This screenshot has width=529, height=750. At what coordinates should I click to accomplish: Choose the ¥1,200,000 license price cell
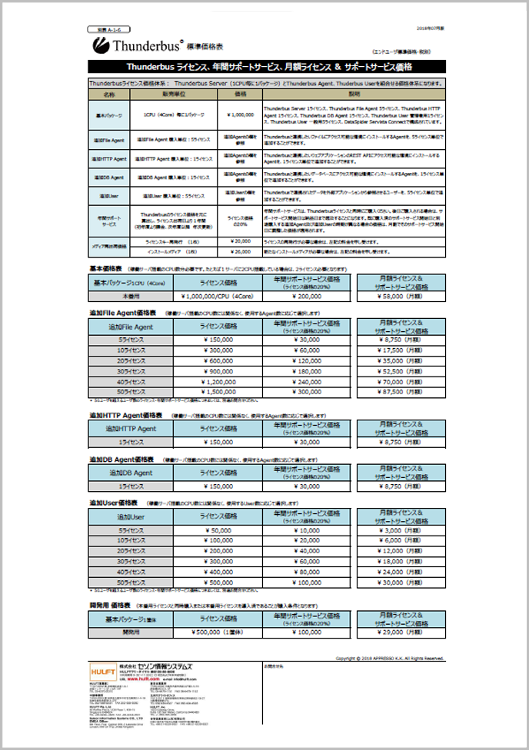[x=221, y=381]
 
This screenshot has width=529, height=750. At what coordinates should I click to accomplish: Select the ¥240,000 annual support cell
[x=309, y=381]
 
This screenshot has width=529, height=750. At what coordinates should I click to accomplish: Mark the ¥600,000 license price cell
[x=221, y=360]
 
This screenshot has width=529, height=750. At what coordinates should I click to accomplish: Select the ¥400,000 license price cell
[x=221, y=572]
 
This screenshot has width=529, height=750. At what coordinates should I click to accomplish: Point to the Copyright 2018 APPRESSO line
[x=390, y=659]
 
